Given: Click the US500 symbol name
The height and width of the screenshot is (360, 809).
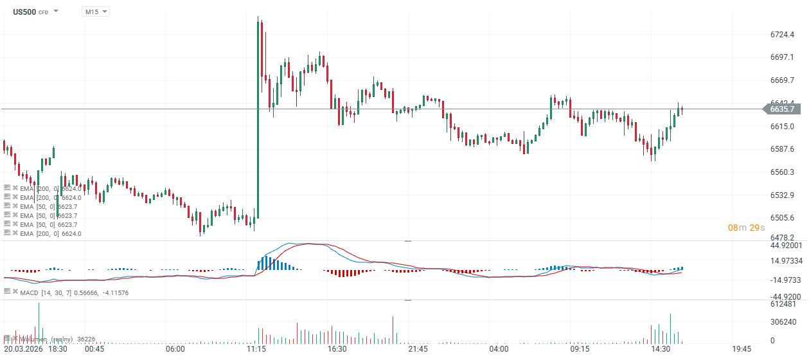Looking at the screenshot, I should [x=24, y=12].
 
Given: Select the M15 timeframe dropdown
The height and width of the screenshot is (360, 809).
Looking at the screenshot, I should [x=95, y=12].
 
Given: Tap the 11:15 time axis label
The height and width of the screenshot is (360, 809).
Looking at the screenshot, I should [x=256, y=349].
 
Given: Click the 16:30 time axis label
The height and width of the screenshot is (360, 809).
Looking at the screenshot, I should [x=337, y=349].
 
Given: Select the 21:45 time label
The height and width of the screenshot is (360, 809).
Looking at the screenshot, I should [x=418, y=349].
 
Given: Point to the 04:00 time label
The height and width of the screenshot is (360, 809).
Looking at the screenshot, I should [x=499, y=349].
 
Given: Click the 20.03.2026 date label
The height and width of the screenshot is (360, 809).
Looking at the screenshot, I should [x=24, y=349].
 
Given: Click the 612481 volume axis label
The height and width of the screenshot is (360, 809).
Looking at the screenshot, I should [x=783, y=304].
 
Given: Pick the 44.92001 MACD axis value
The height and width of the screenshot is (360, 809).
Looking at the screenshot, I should [x=785, y=245].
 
